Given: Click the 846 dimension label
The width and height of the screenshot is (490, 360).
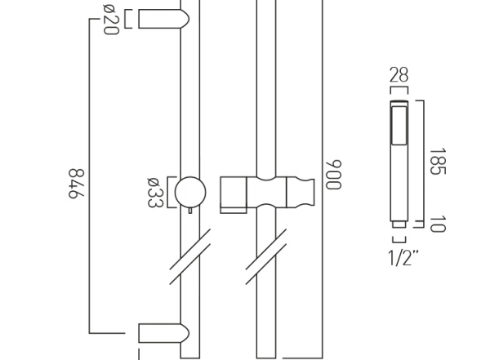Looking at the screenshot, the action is click(x=77, y=184).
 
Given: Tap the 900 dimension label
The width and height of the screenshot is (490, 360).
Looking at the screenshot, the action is click(x=333, y=175).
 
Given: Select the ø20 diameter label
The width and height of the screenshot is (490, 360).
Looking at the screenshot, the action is click(x=111, y=20).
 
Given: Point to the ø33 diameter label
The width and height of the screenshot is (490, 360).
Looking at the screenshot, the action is click(x=155, y=193).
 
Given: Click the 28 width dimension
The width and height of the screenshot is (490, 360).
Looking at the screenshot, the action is click(x=399, y=75).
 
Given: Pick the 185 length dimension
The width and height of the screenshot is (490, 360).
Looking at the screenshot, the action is click(x=438, y=162).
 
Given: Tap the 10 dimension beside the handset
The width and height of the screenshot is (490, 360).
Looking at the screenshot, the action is click(x=438, y=224).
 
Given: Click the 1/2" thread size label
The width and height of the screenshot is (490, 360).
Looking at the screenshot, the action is click(x=403, y=258).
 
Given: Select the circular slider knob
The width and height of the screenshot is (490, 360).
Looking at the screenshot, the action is click(x=190, y=192).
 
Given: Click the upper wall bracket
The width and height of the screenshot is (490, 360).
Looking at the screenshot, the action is click(x=164, y=19).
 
